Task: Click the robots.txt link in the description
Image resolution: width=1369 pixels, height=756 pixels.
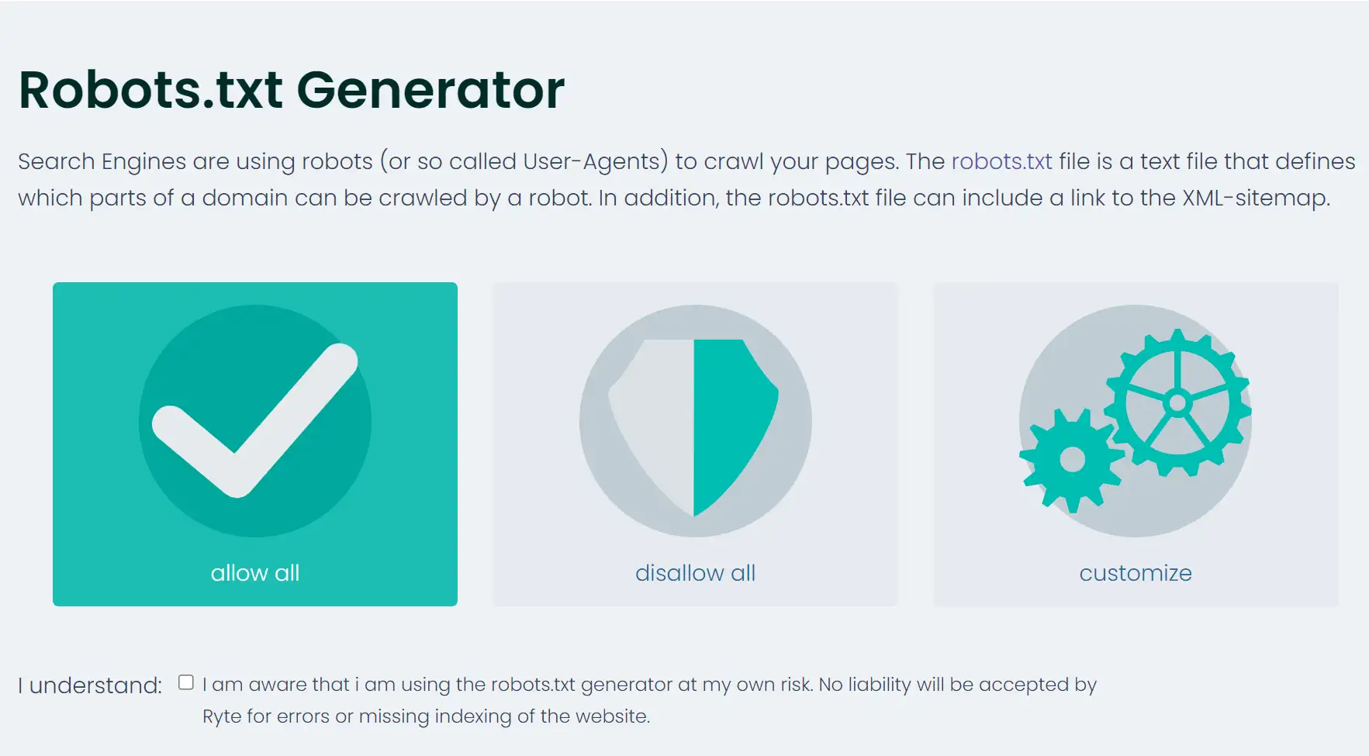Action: (x=1001, y=161)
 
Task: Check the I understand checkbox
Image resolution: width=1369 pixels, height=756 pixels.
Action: (x=186, y=682)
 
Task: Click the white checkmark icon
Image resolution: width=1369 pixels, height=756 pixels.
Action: (x=255, y=419)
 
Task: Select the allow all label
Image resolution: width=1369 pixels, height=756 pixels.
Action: (x=255, y=573)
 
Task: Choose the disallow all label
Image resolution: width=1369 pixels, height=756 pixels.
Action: (x=695, y=573)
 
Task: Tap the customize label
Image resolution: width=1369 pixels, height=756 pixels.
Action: (x=1136, y=573)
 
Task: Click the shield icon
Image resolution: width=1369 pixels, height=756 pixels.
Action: (x=693, y=427)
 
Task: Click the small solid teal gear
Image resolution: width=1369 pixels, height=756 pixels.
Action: (x=1072, y=460)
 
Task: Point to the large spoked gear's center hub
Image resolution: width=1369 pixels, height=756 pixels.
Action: (x=1177, y=402)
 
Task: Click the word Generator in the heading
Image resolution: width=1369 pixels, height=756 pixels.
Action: (x=431, y=90)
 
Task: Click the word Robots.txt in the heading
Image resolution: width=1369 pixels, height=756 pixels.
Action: (x=150, y=90)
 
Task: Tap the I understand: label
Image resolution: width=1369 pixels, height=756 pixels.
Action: (x=90, y=685)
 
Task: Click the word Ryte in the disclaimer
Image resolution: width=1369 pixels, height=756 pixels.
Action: (x=222, y=716)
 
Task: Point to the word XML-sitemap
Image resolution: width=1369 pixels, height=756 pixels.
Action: (x=1256, y=198)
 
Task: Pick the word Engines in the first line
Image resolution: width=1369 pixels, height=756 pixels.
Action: (x=143, y=162)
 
